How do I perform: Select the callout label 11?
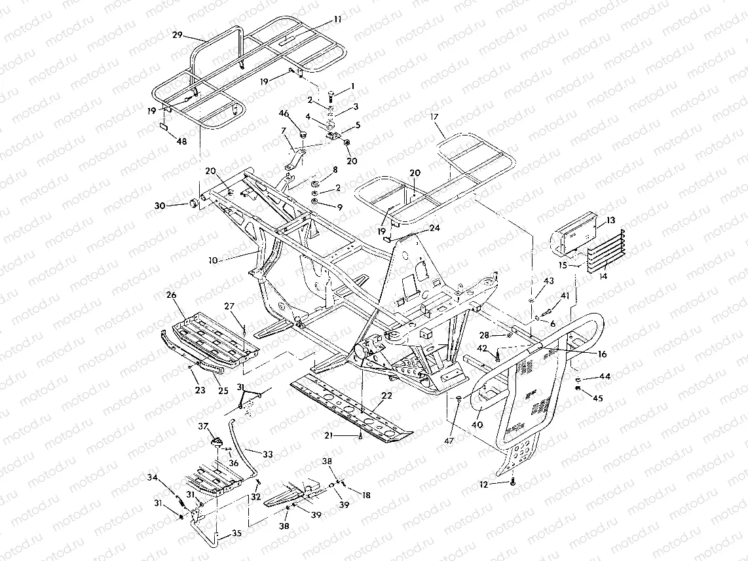tap(337, 20)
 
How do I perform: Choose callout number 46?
tap(284, 114)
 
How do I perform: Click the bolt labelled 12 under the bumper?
tap(512, 482)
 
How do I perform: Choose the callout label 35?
tap(236, 534)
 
